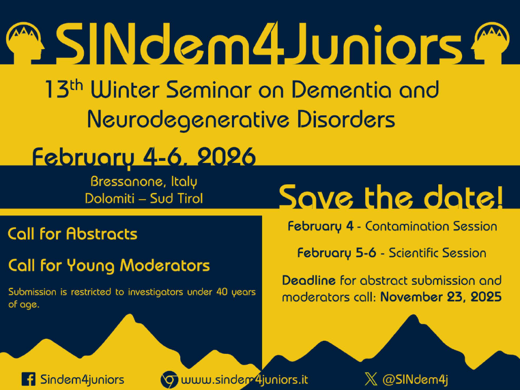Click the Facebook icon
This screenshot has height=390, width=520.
[28, 379]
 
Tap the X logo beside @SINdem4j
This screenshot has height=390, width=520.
[371, 379]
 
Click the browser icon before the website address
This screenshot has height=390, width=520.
[169, 379]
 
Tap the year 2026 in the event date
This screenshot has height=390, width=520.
[226, 157]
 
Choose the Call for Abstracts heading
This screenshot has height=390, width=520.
[72, 234]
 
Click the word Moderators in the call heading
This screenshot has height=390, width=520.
[165, 265]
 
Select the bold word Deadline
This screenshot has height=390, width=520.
[309, 280]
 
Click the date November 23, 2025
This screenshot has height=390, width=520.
[441, 297]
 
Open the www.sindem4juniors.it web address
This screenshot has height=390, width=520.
[245, 379]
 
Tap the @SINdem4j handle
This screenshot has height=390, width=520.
[415, 379]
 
